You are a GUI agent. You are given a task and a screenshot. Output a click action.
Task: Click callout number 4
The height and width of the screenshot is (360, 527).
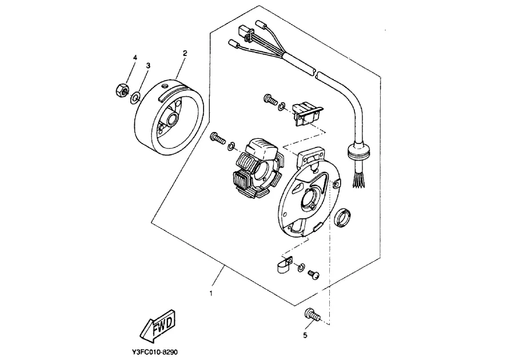pos(135,58)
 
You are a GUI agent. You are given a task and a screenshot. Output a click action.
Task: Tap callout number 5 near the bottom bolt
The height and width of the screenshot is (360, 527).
pos(305,335)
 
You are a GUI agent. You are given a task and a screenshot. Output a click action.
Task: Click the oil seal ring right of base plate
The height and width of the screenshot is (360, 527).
pos(344,218)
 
